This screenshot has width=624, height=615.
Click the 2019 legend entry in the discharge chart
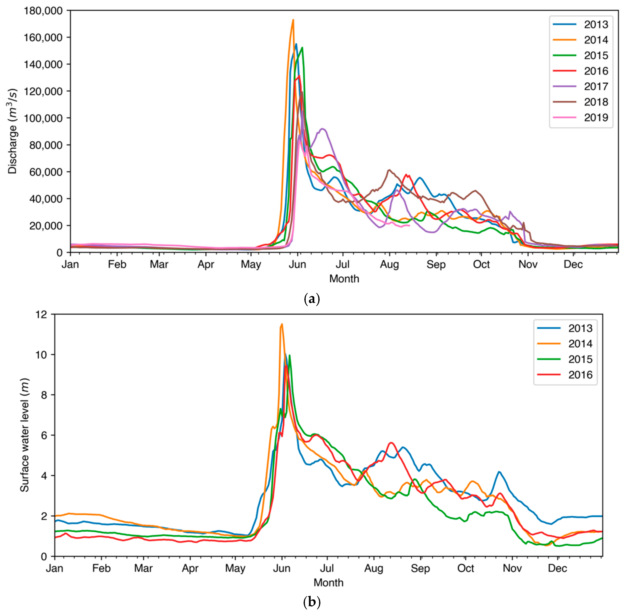click(x=596, y=118)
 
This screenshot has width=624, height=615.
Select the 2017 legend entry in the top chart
click(x=596, y=86)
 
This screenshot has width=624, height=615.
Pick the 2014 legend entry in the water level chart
click(x=580, y=344)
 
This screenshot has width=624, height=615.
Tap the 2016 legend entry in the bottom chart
click(x=580, y=375)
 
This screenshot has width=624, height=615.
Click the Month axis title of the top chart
click(x=344, y=279)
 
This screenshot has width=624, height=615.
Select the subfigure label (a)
click(x=312, y=299)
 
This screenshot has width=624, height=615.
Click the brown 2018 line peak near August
click(x=389, y=170)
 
